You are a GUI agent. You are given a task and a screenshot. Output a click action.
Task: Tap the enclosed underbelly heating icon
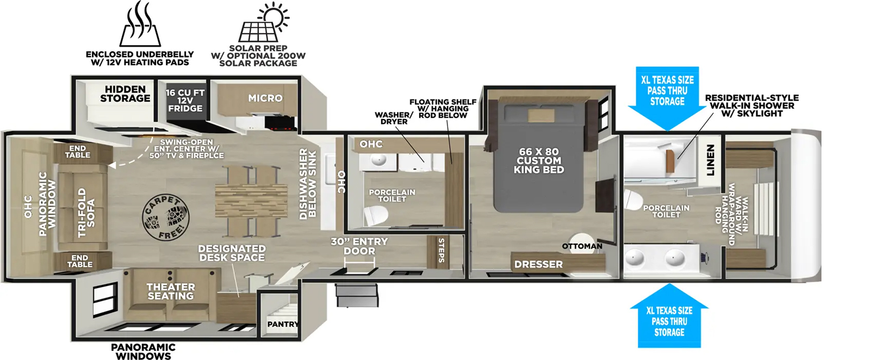pyautogui.click(x=140, y=26)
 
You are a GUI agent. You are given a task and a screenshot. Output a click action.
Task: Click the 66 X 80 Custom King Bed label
pyautogui.click(x=538, y=160)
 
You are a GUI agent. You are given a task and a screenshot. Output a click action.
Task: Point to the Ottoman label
pyautogui.click(x=582, y=246)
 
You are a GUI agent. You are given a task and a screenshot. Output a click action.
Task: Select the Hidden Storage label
pyautogui.click(x=125, y=94)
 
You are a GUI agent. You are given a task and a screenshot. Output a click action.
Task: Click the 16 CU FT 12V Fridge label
pyautogui.click(x=185, y=101)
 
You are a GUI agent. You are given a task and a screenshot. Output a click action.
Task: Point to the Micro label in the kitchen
pyautogui.click(x=265, y=98)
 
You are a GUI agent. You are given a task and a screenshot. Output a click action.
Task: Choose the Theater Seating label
pyautogui.click(x=170, y=291)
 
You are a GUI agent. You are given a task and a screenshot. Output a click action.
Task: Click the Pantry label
pyautogui.click(x=283, y=324)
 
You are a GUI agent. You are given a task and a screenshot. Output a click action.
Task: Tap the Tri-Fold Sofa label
pyautogui.click(x=86, y=212)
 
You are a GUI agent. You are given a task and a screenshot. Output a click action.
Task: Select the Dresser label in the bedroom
pyautogui.click(x=538, y=264)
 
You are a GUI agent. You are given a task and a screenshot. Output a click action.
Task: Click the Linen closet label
pyautogui.click(x=710, y=160)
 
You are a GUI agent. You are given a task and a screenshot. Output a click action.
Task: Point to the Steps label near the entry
pyautogui.click(x=441, y=250)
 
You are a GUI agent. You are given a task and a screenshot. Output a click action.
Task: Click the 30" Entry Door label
pyautogui.click(x=359, y=246)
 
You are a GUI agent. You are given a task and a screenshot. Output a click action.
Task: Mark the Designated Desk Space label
pyautogui.click(x=232, y=253)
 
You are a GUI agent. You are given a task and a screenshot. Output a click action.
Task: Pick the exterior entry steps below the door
pyautogui.click(x=357, y=295)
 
